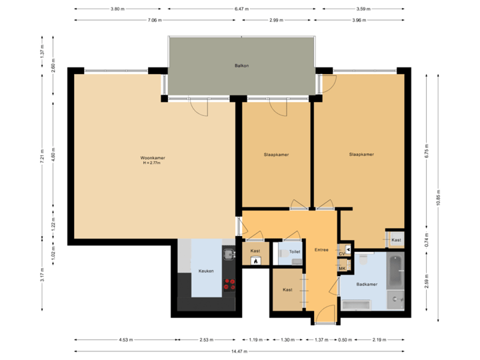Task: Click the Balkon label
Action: coord(241,66)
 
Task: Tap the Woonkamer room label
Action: coord(153,159)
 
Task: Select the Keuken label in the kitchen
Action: coord(205,271)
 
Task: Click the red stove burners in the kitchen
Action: coord(229,285)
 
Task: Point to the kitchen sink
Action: coord(228,254)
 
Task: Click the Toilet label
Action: coord(294,252)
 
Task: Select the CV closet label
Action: coord(342,254)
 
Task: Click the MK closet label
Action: coord(342,269)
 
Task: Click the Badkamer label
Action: coord(367,284)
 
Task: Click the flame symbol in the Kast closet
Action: coord(255,262)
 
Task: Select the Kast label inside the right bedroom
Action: coord(396,239)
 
